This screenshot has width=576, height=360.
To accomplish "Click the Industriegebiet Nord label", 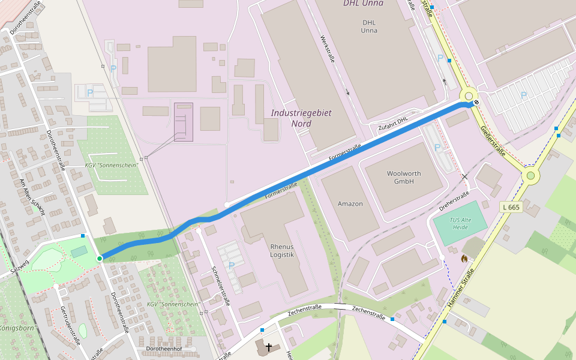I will click(301, 118).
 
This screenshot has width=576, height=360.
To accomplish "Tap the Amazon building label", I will click(350, 204).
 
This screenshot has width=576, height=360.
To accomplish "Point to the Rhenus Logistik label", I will click(282, 250).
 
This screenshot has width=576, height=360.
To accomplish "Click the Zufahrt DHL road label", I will click(393, 123).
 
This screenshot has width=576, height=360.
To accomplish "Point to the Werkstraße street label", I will click(327, 50).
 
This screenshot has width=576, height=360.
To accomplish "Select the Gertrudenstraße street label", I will click(70, 325).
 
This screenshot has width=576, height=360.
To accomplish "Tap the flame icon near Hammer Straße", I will click(464, 259).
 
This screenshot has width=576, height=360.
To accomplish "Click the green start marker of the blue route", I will click(100, 258).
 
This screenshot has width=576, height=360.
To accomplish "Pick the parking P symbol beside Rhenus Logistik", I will click(231, 265).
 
